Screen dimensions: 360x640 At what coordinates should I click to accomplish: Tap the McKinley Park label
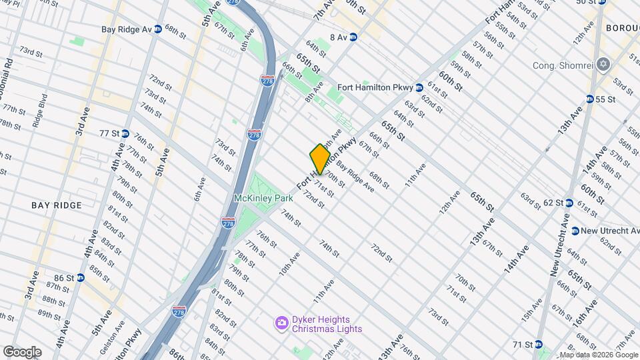click(x=264, y=199)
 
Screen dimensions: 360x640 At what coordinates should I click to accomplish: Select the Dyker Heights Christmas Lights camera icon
click(x=282, y=324)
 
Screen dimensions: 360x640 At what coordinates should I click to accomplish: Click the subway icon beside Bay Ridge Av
click(x=158, y=29)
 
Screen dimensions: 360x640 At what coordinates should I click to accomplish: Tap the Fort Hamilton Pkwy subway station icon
click(x=419, y=87)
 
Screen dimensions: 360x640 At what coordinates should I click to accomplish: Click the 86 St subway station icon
click(x=81, y=277)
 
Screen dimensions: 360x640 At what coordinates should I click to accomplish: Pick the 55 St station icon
click(x=590, y=99)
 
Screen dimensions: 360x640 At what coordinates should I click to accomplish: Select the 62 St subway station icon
click(x=569, y=203)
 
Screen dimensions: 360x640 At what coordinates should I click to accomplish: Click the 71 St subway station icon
click(x=537, y=345)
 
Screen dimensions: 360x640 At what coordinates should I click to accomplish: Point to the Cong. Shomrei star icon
click(x=605, y=65)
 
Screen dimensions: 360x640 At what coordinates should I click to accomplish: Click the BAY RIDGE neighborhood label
click(x=57, y=205)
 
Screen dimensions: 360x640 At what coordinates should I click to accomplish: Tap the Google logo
click(x=22, y=351)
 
